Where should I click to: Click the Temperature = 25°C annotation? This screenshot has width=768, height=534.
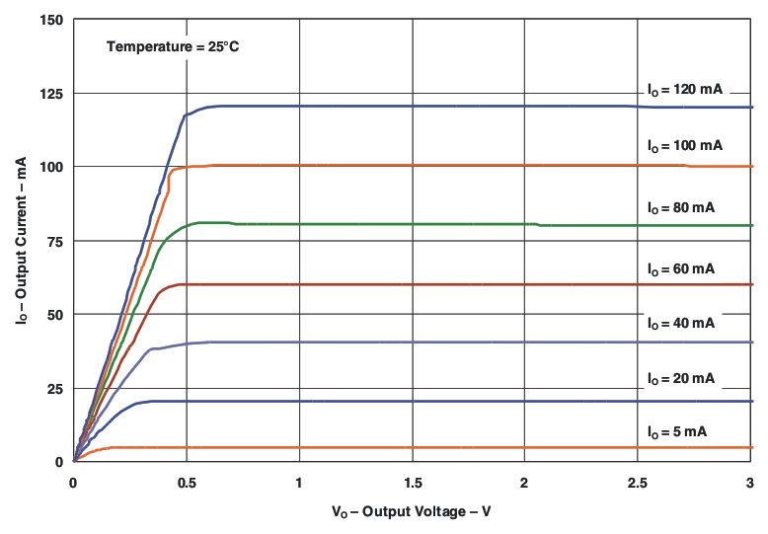172,46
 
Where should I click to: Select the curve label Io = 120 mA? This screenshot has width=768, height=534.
684,90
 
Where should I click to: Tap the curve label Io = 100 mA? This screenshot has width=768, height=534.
684,146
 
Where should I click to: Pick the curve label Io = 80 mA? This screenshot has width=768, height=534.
680,208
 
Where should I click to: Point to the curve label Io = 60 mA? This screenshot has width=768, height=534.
680,269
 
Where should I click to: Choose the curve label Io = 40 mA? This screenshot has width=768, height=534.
680,324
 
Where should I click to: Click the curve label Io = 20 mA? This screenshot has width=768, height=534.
680,379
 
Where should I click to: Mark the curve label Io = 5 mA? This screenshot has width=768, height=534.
676,432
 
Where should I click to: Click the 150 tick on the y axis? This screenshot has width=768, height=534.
52,21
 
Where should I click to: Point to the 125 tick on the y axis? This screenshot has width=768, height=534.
52,94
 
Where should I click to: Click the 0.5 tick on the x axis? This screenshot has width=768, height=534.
186,483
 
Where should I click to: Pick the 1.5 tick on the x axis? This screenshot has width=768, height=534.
412,483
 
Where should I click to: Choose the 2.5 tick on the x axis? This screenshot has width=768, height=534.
637,483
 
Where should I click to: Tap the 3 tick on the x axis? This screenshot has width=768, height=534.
749,483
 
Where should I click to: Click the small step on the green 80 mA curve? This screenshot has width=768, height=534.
539,225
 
